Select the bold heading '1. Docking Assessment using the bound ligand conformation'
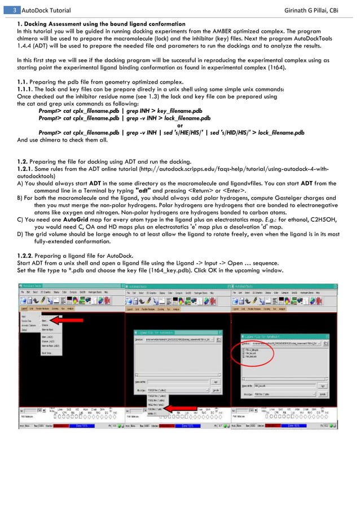(x=101, y=24)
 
